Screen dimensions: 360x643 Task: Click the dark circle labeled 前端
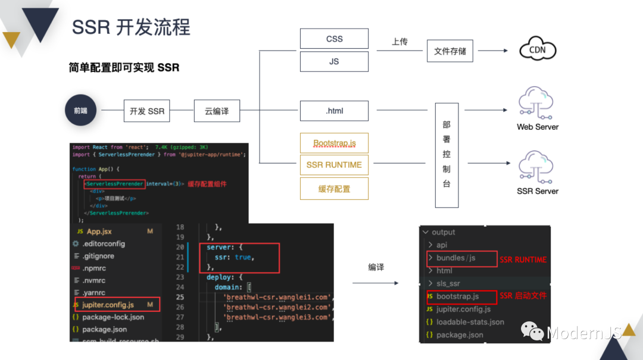tap(81, 110)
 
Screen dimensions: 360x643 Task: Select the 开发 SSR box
tap(147, 111)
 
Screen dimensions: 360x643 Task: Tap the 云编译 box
tap(217, 111)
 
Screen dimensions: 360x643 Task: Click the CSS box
tap(334, 39)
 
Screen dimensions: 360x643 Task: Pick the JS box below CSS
tap(334, 61)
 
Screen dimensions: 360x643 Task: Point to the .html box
tap(334, 111)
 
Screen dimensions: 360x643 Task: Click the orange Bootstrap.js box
tap(334, 143)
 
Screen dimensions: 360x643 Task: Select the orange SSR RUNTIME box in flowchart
tap(334, 165)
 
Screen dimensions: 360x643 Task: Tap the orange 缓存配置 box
tap(334, 189)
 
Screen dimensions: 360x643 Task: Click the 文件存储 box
tap(450, 51)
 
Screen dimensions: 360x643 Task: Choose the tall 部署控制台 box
tap(447, 155)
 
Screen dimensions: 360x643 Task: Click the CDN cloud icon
tap(537, 51)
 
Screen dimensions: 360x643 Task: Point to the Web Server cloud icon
tap(537, 102)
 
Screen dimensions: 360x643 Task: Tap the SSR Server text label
tap(538, 191)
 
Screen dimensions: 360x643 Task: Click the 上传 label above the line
tap(399, 42)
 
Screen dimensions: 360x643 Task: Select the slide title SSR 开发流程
tap(131, 27)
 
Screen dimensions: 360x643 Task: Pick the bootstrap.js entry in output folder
tap(457, 296)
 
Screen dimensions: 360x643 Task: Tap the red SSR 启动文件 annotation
tap(523, 296)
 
